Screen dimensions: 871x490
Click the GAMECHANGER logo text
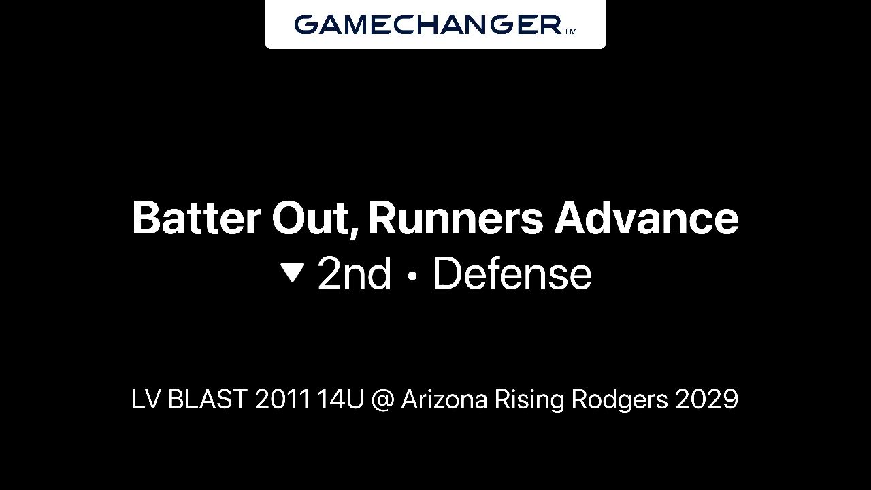(428, 24)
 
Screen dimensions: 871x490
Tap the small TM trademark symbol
(570, 31)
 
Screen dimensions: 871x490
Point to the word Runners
(455, 218)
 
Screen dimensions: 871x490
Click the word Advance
(646, 218)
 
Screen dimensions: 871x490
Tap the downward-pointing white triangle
(293, 273)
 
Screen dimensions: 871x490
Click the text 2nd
(355, 274)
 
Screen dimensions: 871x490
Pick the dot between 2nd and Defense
(413, 276)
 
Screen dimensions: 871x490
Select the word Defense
(512, 274)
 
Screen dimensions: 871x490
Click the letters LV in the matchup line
(146, 399)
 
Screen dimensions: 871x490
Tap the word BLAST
(208, 399)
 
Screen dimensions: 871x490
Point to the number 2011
(282, 399)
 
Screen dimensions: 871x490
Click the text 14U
(341, 399)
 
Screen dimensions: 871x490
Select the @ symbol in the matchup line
(382, 400)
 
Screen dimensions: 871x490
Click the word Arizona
(444, 399)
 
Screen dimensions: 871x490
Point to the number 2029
(707, 399)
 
